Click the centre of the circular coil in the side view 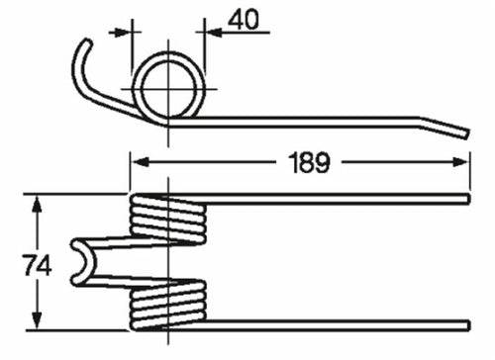tap(170, 86)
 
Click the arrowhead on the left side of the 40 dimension tap(125, 31)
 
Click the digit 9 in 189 tap(322, 161)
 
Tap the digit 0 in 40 tap(254, 20)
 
